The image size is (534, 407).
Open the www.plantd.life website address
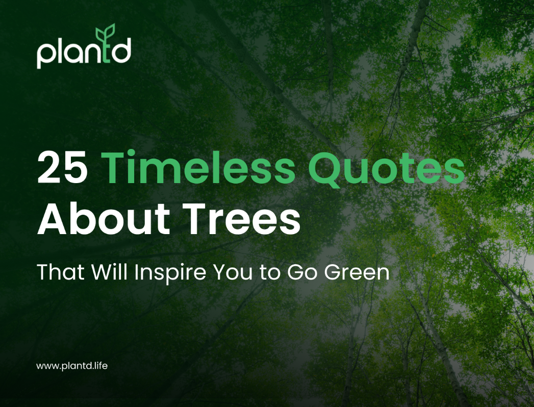[71, 366]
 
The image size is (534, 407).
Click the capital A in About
[53, 219]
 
